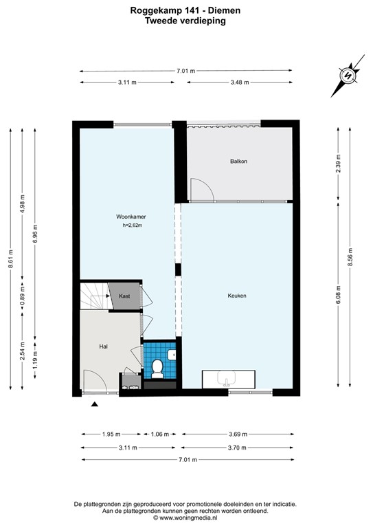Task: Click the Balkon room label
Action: pos(238,162)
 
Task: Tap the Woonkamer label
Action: pos(131,217)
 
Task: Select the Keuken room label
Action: pos(237,296)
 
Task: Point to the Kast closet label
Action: pos(124,296)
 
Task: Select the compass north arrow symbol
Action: pos(348,76)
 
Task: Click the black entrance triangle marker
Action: pos(95,405)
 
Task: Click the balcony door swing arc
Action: pos(201,188)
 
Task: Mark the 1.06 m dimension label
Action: pos(159,434)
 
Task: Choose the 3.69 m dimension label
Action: pos(240,434)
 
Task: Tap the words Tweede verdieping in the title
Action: pos(185,21)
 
